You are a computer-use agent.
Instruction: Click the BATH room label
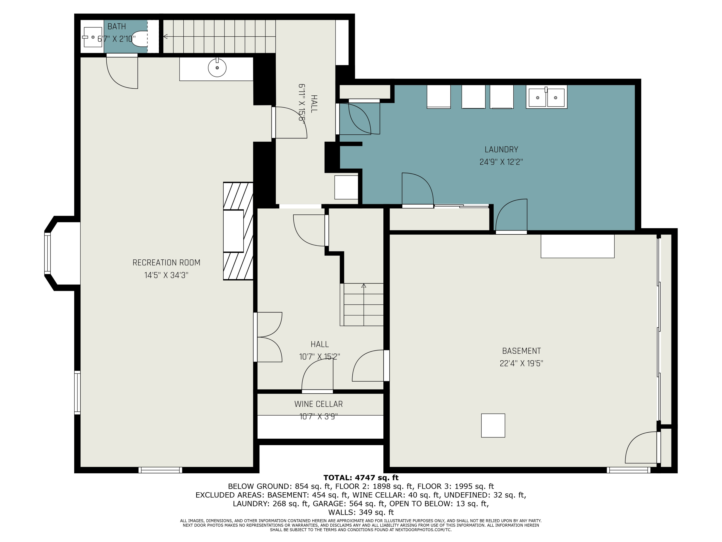point(116,26)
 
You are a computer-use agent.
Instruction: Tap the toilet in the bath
point(140,39)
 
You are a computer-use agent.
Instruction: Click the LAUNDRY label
point(501,150)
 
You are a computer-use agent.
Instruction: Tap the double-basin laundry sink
point(546,97)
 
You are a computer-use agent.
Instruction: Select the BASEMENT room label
point(522,351)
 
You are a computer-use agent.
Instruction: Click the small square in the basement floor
point(493,425)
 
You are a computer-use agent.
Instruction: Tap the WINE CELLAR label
point(319,404)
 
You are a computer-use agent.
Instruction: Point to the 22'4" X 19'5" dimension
point(522,363)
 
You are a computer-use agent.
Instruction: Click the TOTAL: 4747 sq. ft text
point(361,478)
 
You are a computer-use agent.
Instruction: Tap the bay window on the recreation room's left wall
point(48,253)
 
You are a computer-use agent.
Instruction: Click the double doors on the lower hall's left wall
point(268,337)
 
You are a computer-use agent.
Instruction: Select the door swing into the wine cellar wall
point(317,376)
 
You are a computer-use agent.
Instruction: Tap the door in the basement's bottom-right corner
point(642,448)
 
